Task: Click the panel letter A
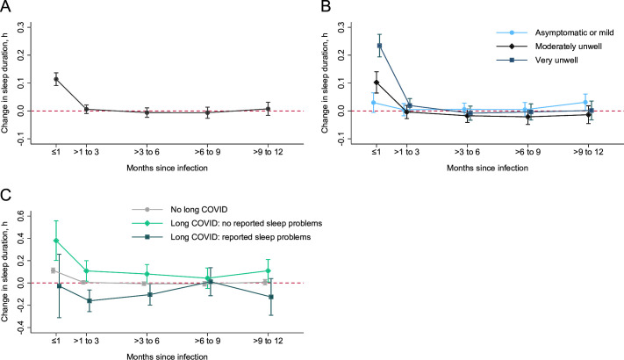click(6, 7)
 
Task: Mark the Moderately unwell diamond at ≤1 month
click(377, 83)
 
